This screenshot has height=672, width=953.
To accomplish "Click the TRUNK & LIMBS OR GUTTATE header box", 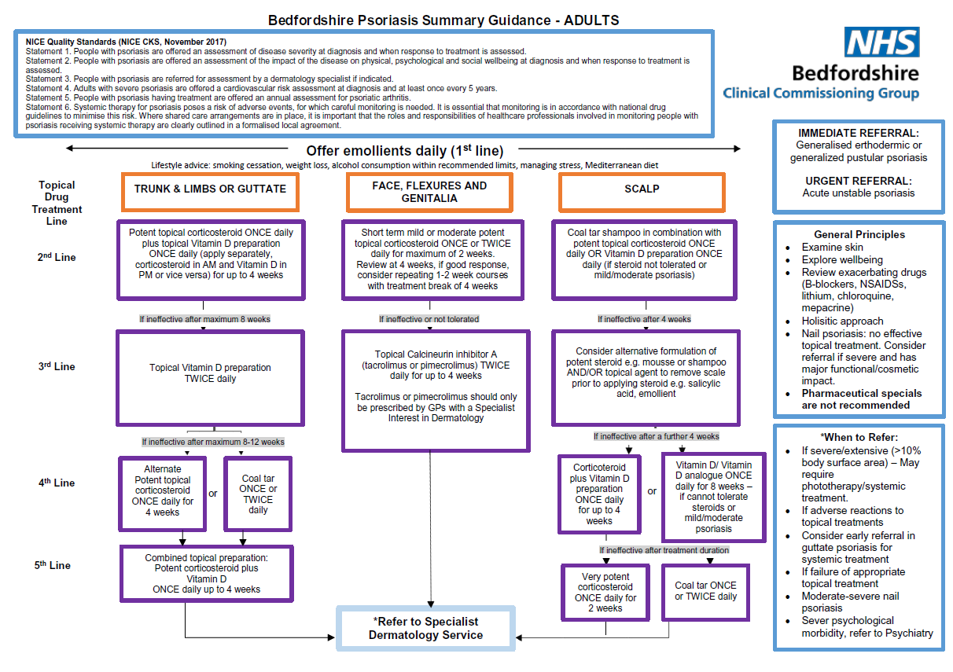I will (210, 189).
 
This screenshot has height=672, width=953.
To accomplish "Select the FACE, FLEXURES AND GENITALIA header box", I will (429, 192).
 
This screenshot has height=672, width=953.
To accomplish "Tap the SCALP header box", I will (640, 189).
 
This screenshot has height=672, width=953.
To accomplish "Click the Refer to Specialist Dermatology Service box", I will (425, 628).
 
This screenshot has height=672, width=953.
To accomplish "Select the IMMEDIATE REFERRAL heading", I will (858, 133).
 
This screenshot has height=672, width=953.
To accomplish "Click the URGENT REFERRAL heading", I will (858, 180).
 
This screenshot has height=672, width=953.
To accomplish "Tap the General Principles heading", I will (859, 234).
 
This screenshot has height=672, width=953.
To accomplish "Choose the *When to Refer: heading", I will (859, 436).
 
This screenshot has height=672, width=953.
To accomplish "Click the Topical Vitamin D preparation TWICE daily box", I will (210, 373).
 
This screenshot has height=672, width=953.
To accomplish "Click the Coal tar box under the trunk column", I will (258, 494).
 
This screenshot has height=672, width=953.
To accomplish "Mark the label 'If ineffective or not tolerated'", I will (429, 319).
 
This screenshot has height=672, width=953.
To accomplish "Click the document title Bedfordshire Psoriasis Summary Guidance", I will (443, 20).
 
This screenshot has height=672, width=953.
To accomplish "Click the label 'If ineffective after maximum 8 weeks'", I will (204, 319).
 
